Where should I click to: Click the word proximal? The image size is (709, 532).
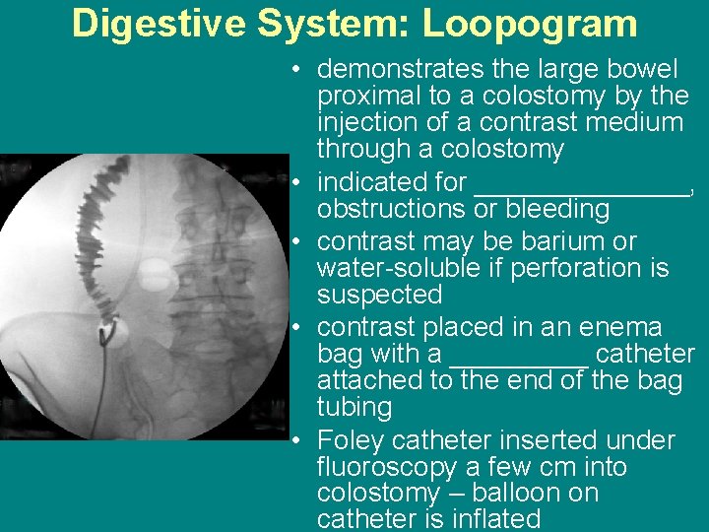[x=366, y=97]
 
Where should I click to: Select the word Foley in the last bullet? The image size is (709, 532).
[x=352, y=440]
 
